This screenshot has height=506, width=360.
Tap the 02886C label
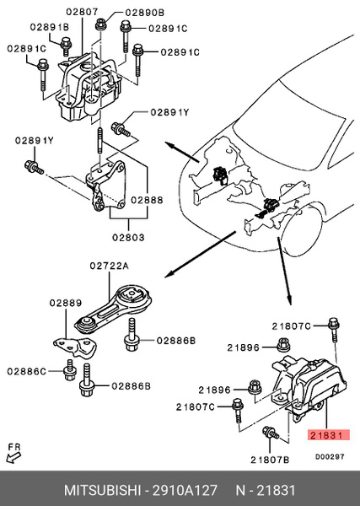29,369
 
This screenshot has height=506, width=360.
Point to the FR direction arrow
13,457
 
